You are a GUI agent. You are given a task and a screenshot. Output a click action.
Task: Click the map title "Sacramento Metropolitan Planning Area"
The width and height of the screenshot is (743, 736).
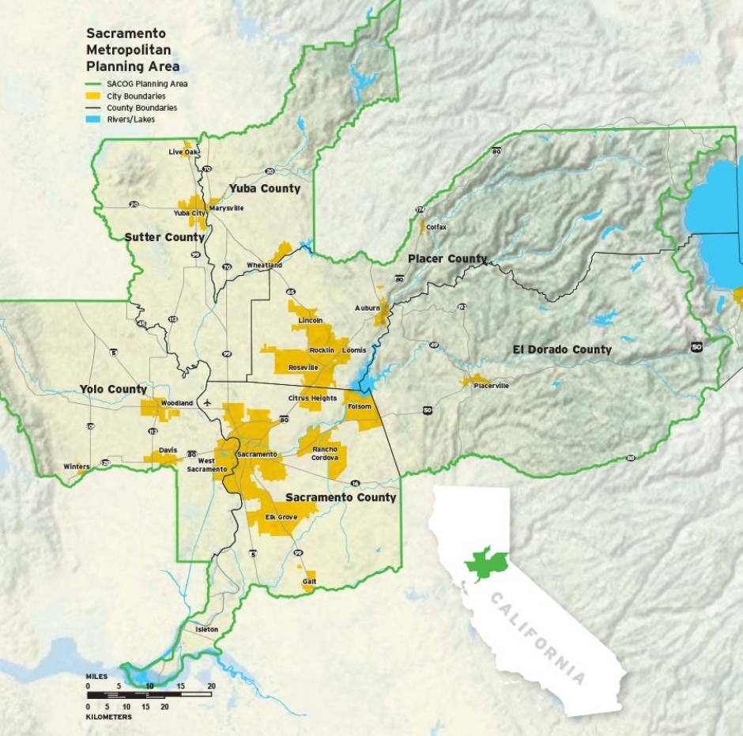(132, 51)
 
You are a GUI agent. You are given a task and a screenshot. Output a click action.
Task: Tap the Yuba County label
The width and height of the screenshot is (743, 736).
(265, 188)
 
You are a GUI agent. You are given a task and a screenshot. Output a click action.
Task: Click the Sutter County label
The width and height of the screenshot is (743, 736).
(164, 237)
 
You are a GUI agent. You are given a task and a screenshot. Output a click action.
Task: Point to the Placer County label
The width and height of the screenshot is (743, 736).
(447, 259)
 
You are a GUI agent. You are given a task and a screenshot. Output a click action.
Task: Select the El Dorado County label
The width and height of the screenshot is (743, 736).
(562, 349)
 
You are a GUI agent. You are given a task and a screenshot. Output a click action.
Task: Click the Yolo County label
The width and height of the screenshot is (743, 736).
(113, 389)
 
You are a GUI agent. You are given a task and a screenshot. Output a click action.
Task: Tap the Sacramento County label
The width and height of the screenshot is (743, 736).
(341, 497)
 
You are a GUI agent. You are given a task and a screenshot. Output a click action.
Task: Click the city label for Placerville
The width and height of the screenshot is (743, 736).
(491, 386)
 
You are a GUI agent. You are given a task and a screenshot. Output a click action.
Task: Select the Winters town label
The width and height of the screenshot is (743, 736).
(77, 467)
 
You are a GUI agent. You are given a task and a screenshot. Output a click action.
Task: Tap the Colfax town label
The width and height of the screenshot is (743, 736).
(436, 227)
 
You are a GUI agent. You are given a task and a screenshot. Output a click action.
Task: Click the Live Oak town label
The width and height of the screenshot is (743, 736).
(183, 152)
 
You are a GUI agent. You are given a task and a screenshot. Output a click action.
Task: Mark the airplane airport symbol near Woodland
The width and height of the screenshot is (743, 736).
(207, 402)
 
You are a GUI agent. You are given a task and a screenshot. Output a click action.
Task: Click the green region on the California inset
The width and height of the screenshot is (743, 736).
(486, 564)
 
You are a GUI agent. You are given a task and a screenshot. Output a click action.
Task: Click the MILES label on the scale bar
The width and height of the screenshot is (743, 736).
(97, 677)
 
